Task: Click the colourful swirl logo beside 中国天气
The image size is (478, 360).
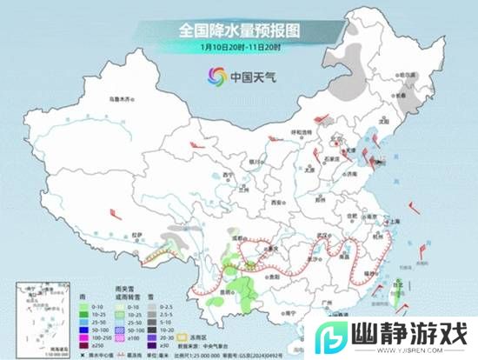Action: point(214,74)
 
